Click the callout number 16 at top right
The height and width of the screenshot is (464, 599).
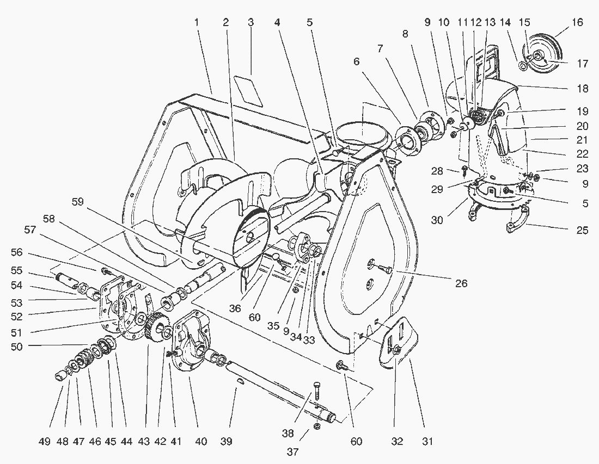coord(577,22)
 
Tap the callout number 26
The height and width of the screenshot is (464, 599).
coord(462,283)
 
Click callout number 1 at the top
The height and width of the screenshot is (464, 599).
coord(197,22)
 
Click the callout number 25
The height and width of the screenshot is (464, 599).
coord(582,230)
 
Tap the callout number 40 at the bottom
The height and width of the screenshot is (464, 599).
coord(201,442)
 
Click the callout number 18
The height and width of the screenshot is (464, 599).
coord(582,87)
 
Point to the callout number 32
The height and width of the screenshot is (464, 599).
coord(396,442)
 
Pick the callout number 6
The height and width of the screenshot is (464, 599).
coord(357,61)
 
